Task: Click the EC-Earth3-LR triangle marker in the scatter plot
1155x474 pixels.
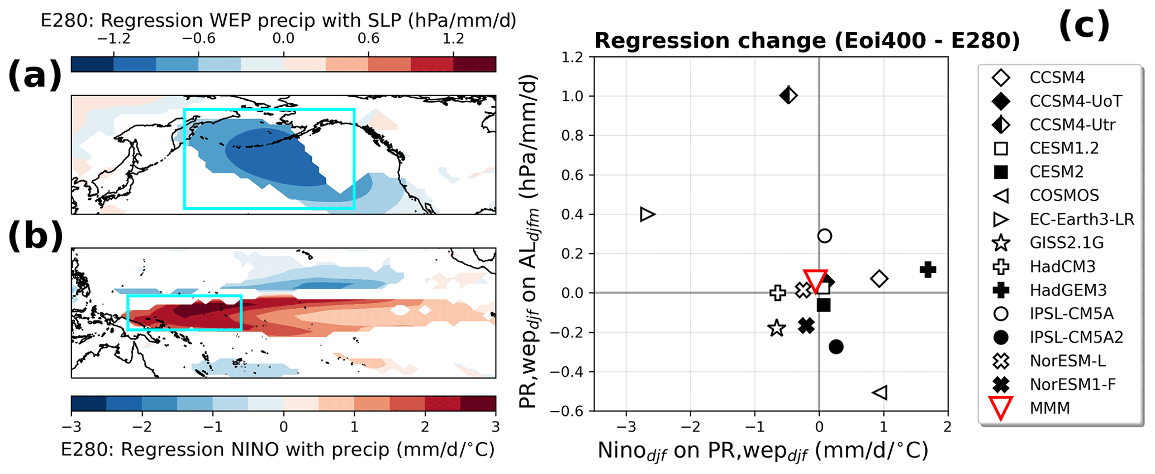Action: tap(647, 214)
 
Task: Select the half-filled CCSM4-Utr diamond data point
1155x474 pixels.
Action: tap(788, 95)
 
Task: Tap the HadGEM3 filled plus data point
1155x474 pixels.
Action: tap(928, 270)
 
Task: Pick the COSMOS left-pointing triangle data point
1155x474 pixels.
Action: tap(880, 392)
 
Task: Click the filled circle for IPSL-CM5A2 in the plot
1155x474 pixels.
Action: tap(836, 347)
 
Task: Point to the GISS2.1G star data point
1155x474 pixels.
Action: tap(776, 328)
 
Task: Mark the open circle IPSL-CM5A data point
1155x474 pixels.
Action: tap(825, 236)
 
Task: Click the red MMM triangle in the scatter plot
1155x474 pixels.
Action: tap(815, 280)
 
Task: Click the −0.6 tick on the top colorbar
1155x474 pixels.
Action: tap(198, 39)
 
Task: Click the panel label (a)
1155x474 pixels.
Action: tap(35, 75)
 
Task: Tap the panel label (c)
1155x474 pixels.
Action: tap(1083, 25)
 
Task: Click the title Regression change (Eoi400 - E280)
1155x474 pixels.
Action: tap(807, 41)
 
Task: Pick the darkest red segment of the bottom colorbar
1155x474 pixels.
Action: tap(478, 404)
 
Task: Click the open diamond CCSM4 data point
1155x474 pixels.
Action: tap(880, 279)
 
